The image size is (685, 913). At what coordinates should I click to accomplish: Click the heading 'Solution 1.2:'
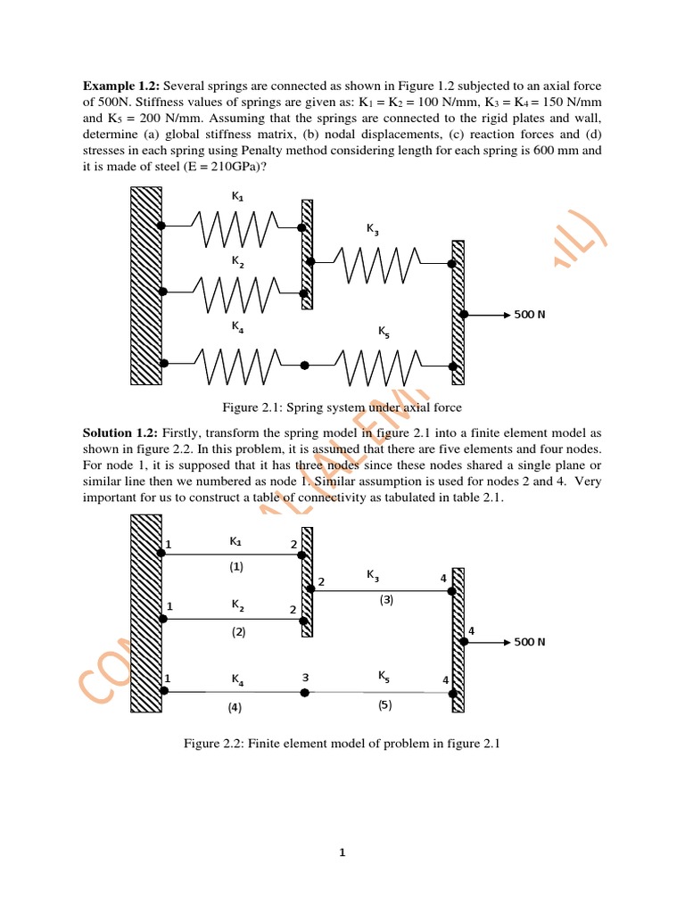[x=121, y=432]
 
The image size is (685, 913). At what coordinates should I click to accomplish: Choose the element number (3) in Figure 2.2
[x=386, y=600]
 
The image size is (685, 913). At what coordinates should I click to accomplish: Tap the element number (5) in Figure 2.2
[x=384, y=704]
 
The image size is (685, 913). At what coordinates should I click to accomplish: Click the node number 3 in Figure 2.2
[x=305, y=678]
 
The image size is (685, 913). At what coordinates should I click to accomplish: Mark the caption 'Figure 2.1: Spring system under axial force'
[x=342, y=407]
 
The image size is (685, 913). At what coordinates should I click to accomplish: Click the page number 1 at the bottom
[x=342, y=853]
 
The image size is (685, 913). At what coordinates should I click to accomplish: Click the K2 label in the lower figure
[x=238, y=605]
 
